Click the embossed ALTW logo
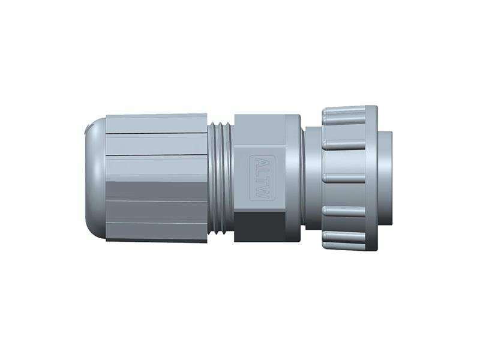pyautogui.click(x=260, y=178)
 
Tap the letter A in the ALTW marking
pyautogui.click(x=260, y=164)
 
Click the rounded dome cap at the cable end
pyautogui.click(x=95, y=180)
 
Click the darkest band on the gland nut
pyautogui.click(x=157, y=192)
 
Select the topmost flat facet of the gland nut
pyautogui.click(x=157, y=123)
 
